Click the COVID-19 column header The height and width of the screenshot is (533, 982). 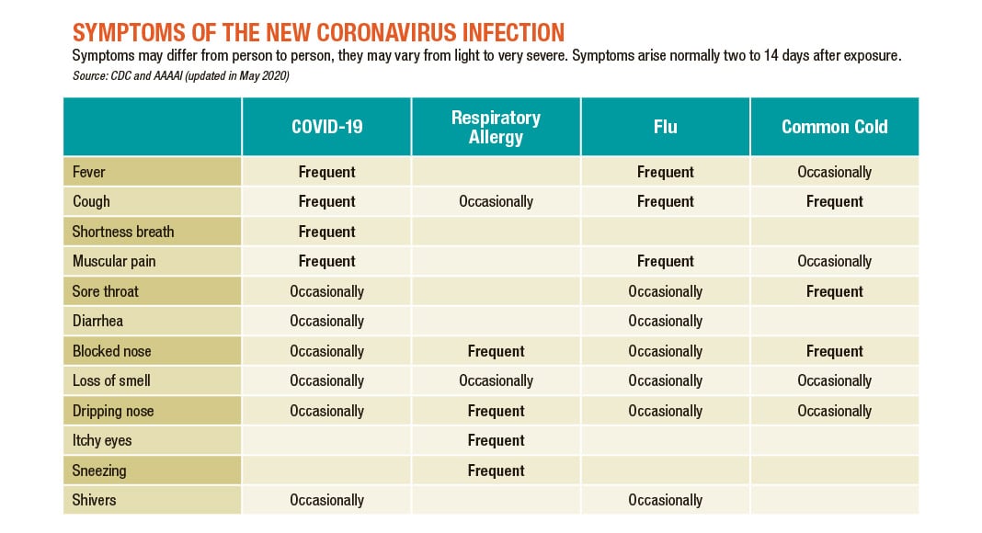coord(326,127)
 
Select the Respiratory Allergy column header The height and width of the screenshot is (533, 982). coord(496,127)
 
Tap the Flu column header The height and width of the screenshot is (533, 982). coord(665,127)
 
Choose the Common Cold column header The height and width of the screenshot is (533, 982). coord(834,127)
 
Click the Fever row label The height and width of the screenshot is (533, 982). coord(89,172)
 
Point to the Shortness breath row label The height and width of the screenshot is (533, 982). coord(123,232)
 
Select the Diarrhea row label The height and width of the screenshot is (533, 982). coord(97,321)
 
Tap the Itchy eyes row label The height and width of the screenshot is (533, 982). coord(102,440)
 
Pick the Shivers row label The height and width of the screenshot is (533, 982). coord(95,500)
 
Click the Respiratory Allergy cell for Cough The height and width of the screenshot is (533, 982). coord(496,201)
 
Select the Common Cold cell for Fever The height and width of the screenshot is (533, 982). coord(834,172)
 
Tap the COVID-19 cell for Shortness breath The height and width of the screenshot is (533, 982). coord(326,232)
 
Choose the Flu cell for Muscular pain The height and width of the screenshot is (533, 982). coord(665,261)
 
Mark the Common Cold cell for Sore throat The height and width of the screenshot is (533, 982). coord(834,291)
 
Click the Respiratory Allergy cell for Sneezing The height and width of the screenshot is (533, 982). coord(496,471)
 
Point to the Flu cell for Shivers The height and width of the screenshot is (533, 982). coord(665,500)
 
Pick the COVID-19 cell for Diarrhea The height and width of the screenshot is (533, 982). coord(326,321)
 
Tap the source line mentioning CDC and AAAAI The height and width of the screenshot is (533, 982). coord(180,75)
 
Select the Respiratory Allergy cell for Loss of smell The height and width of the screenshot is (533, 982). coord(496,380)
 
